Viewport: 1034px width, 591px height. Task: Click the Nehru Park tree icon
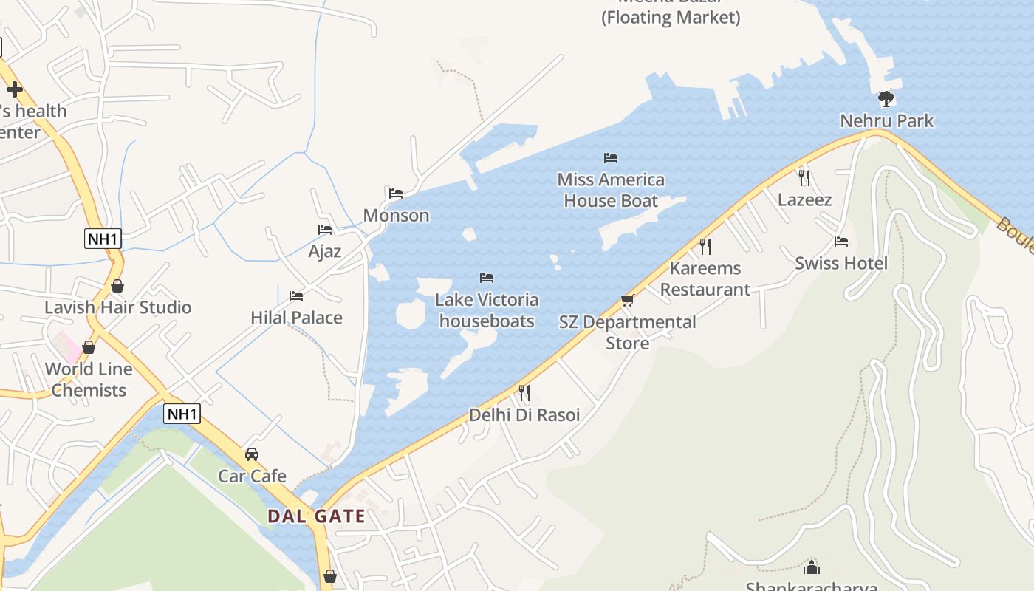(886, 98)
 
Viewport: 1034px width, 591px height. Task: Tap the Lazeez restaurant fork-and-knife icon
(804, 177)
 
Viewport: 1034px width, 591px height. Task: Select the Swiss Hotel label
(841, 263)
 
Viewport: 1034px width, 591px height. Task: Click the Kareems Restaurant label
(705, 279)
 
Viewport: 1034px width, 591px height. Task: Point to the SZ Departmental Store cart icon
(627, 300)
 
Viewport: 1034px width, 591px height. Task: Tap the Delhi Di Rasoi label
(524, 414)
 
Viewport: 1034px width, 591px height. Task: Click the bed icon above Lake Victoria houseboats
(487, 278)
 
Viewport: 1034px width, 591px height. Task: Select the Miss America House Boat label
(611, 190)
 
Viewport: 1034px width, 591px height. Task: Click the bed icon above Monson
(396, 194)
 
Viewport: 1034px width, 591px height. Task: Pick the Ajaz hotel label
(325, 251)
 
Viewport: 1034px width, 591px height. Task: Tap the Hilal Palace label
(296, 318)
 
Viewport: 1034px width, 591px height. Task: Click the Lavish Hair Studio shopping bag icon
(117, 286)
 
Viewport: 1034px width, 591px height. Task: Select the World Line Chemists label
(89, 379)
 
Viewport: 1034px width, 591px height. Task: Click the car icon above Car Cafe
(252, 454)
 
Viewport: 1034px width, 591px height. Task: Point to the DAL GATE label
(316, 516)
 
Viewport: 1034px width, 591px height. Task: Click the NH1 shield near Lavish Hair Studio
(103, 239)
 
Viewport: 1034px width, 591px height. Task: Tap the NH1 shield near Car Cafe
(182, 414)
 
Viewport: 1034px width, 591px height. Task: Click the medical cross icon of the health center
(14, 90)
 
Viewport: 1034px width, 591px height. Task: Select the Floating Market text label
(671, 17)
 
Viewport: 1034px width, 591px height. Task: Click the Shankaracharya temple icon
(812, 567)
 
